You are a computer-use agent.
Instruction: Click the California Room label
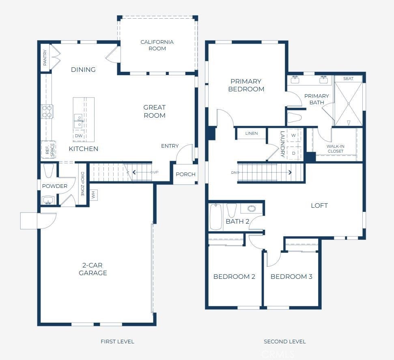click(x=157, y=45)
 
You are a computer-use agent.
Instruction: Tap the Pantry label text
click(x=45, y=58)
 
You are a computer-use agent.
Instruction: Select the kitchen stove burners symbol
click(x=47, y=111)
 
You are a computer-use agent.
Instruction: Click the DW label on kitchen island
click(x=78, y=136)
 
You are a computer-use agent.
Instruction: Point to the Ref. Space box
click(x=49, y=149)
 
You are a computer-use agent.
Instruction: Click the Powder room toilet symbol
click(x=48, y=171)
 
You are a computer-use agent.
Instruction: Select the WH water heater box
click(x=93, y=195)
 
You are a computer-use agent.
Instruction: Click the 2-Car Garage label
click(x=93, y=269)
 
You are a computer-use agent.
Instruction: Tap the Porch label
click(x=185, y=174)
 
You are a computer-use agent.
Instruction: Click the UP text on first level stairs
click(x=155, y=172)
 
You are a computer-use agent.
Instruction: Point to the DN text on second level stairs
click(x=234, y=172)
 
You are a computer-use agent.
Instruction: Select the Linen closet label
click(x=252, y=134)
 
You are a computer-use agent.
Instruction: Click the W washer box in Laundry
click(x=293, y=135)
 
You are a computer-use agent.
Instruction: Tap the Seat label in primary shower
click(x=348, y=78)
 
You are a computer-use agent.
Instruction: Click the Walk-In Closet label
click(x=335, y=149)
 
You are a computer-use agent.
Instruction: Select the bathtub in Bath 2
click(x=215, y=217)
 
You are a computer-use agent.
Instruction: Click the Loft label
click(x=319, y=205)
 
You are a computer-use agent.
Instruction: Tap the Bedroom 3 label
click(x=291, y=276)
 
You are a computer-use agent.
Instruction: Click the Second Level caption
click(x=285, y=341)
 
